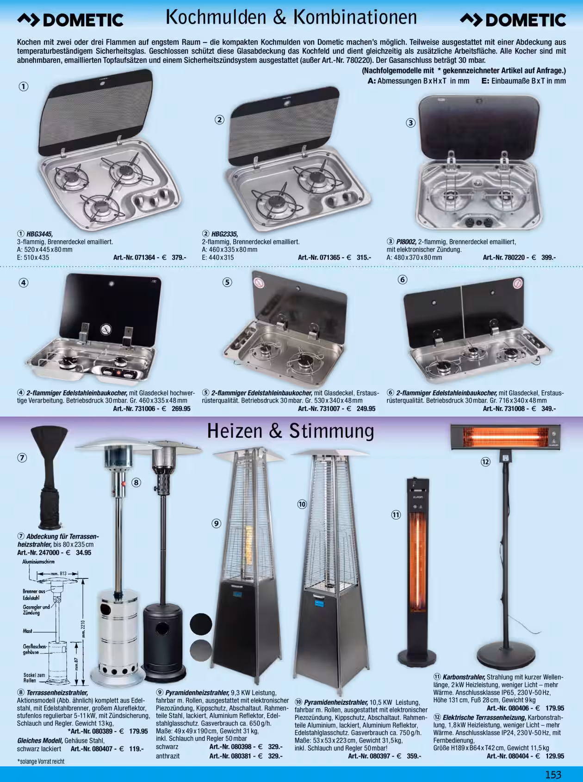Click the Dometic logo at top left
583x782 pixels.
(70, 19)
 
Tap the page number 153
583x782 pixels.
(553, 775)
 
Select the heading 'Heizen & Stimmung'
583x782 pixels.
(291, 431)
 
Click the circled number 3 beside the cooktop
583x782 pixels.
(411, 123)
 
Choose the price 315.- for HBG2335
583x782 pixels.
(364, 257)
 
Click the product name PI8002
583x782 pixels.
(406, 242)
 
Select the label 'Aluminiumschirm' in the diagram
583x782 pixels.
(38, 562)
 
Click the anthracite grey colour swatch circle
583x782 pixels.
(200, 650)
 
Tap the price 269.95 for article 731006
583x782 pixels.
(181, 409)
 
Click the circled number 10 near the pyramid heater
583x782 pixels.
(302, 504)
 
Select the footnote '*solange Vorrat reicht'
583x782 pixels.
(41, 761)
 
